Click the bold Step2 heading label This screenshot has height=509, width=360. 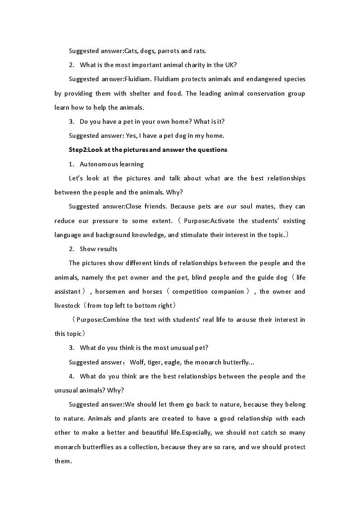point(78,150)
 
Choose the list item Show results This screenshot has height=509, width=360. point(98,249)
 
